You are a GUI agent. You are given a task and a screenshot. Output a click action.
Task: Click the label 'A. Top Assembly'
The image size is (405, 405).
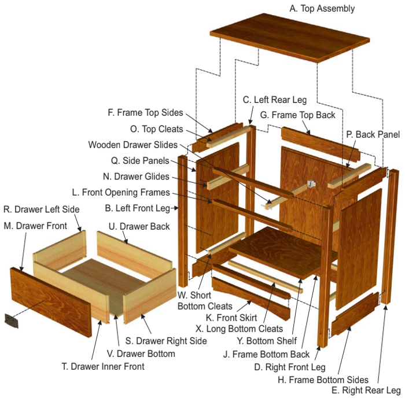click(x=322, y=9)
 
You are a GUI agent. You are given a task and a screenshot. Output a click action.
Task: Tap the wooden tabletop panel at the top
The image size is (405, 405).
click(x=289, y=38)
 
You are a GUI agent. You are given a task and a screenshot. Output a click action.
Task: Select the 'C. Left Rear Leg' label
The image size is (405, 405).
click(x=275, y=100)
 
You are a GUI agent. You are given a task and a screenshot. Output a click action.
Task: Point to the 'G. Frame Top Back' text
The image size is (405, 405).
click(x=297, y=115)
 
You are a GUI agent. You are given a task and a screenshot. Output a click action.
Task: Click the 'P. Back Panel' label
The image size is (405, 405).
click(x=373, y=135)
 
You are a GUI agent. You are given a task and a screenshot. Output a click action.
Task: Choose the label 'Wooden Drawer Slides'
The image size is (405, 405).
click(x=132, y=145)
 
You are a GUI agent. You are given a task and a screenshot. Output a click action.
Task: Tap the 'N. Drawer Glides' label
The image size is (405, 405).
click(x=136, y=176)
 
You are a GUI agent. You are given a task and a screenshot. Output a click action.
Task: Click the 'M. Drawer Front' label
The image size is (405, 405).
click(x=35, y=226)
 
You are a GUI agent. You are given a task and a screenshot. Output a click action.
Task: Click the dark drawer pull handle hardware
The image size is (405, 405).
click(x=12, y=321)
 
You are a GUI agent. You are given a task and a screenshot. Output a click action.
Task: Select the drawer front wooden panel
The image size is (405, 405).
click(x=51, y=301)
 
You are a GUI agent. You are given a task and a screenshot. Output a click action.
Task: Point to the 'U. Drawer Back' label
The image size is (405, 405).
click(x=139, y=227)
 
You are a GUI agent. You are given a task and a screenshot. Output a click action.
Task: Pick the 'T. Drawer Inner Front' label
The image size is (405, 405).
click(x=103, y=366)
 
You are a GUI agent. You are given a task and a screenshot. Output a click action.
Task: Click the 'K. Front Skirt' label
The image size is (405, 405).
click(x=231, y=318)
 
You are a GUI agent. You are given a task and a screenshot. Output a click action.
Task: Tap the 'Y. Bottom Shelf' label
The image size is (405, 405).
click(x=267, y=341)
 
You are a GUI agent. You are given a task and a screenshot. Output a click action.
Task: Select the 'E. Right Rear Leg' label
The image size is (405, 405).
click(x=366, y=391)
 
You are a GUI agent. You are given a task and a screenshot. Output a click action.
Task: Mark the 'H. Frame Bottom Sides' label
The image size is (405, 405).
click(x=323, y=380)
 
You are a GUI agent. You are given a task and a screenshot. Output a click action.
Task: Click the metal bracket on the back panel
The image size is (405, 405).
click(x=312, y=183)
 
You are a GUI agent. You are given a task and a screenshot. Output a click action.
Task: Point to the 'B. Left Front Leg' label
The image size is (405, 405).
click(x=138, y=208)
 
